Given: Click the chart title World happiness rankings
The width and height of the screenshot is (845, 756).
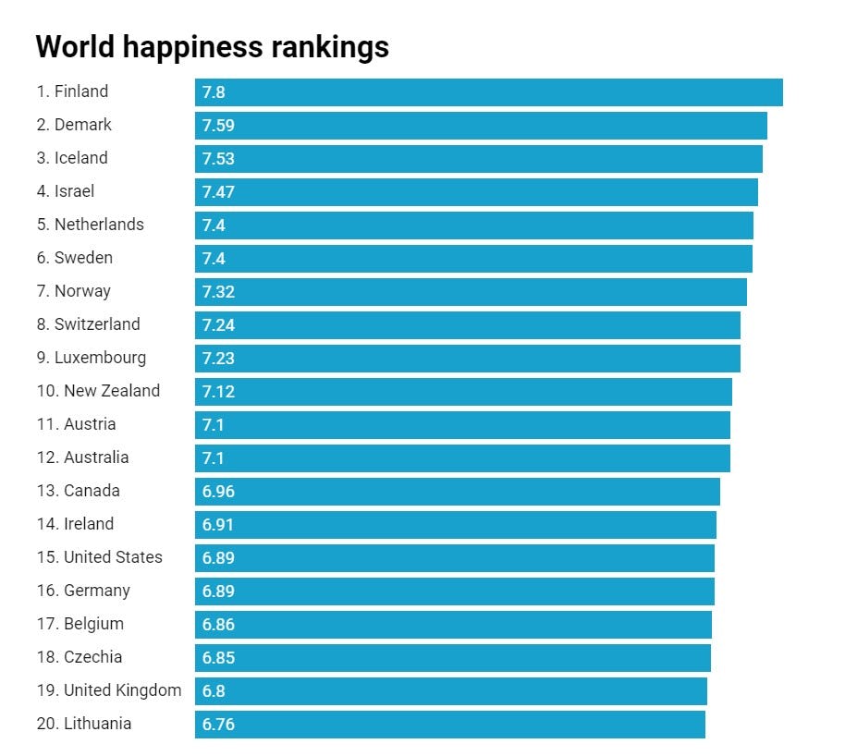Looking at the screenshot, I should pos(212,46).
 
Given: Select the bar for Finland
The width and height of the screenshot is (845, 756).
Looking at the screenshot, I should pos(488,92).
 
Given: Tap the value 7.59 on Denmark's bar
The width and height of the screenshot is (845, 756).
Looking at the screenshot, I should pos(218,126).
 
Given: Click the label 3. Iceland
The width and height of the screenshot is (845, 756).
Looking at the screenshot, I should pos(72,158).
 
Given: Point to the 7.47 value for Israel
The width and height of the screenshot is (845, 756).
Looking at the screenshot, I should pos(218,192).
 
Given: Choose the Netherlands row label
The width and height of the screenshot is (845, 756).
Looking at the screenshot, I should pos(91,225).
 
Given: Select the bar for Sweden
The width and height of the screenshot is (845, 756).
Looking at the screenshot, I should pos(473,259).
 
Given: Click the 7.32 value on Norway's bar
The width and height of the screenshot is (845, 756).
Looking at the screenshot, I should pos(218,292).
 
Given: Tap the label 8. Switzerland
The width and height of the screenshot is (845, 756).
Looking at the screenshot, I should pos(89,324).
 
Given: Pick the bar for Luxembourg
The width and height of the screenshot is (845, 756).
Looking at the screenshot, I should pos(467,359).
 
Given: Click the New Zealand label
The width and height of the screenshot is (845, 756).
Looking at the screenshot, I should pos(98,391).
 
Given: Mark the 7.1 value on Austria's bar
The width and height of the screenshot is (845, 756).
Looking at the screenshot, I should pos(213,425).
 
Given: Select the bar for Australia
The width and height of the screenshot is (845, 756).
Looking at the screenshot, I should pos(462,458).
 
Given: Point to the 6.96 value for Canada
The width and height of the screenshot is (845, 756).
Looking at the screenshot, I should pos(218,492).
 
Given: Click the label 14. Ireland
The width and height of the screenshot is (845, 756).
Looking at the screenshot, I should pos(76,524).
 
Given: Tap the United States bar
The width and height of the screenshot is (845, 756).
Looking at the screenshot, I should pos(454,558).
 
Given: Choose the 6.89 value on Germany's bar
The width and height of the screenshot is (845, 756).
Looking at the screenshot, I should pos(218,591).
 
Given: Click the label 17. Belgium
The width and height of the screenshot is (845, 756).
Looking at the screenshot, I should pos(80,624).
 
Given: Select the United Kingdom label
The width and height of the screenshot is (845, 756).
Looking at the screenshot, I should pos(109,690).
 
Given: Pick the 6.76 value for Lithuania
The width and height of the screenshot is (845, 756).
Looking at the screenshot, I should pos(218,725).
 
